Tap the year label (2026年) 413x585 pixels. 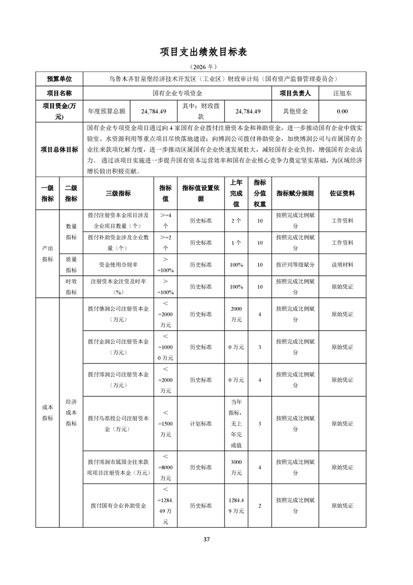point(206,67)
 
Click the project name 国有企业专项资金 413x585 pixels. point(178,93)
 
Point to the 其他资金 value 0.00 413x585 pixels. point(342,112)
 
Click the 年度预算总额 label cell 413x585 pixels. point(106,112)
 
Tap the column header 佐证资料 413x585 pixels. point(342,193)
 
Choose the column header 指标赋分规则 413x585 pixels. point(295,193)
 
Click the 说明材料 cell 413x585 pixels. point(342,265)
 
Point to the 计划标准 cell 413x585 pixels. point(201,423)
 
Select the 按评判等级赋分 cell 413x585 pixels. point(295,265)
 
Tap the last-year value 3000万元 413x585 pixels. point(236,468)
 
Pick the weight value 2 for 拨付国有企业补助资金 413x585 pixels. point(259,506)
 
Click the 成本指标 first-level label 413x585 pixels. point(48,412)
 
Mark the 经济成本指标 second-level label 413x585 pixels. point(71,412)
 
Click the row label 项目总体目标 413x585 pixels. point(59,150)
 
